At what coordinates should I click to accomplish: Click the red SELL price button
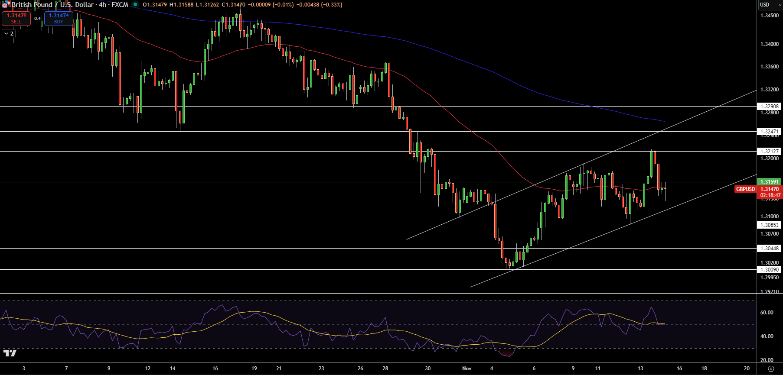pos(16,18)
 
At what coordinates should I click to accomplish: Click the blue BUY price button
pos(59,18)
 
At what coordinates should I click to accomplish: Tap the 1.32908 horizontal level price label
pos(769,106)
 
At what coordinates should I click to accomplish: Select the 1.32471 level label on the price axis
pos(769,131)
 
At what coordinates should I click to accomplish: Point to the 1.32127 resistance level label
pos(769,152)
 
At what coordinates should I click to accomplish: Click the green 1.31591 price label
pos(769,182)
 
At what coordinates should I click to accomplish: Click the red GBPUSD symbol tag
pos(745,189)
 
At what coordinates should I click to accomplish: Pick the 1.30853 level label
pos(769,225)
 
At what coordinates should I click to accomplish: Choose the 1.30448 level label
pos(769,249)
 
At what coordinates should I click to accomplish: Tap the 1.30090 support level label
pos(769,269)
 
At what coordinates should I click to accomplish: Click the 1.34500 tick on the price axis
pos(769,16)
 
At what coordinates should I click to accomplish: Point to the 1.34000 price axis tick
pos(769,44)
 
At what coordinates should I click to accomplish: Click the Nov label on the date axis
pos(467,369)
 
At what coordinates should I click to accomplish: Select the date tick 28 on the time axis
pos(385,369)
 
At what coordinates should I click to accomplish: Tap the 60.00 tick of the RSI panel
pos(767,313)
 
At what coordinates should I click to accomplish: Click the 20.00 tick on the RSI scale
pos(767,360)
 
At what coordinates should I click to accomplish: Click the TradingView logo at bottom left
pos(10,353)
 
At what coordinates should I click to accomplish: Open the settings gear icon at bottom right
pos(771,369)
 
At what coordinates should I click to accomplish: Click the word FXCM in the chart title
pos(120,5)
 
